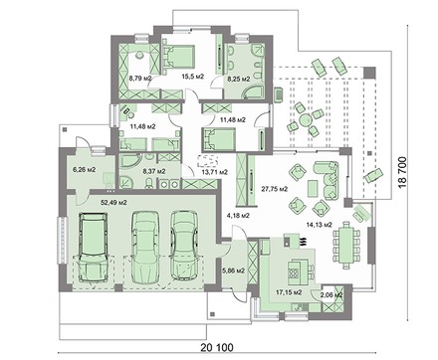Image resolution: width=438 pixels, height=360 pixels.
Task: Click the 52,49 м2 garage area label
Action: [x=113, y=203]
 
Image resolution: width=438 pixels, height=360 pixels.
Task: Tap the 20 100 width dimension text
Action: [x=217, y=347]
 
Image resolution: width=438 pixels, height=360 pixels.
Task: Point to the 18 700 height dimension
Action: [x=402, y=172]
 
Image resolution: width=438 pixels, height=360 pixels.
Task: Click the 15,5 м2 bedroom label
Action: [x=193, y=77]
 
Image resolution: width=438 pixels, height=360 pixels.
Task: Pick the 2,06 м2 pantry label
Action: [x=331, y=294]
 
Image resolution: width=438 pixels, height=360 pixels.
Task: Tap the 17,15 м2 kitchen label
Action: [x=289, y=292]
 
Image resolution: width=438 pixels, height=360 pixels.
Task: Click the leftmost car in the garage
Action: [x=93, y=247]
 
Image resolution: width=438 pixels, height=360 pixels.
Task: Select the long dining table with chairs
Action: [x=346, y=246]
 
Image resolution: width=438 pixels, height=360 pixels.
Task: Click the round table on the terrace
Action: [x=305, y=119]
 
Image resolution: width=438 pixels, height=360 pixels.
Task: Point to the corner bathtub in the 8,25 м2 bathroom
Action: [x=253, y=92]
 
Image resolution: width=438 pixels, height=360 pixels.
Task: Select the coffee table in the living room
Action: [x=313, y=188]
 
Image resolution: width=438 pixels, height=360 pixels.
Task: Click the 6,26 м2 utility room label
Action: [x=85, y=170]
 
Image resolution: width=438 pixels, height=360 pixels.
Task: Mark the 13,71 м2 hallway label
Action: [x=215, y=172]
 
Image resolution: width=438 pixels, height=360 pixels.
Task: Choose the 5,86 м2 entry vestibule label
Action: [x=233, y=270]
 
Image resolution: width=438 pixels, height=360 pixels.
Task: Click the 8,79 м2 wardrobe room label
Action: [x=140, y=79]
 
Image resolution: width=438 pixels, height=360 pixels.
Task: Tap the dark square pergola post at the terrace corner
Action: [x=369, y=73]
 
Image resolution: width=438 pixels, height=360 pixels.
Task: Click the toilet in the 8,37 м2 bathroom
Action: [x=149, y=182]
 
